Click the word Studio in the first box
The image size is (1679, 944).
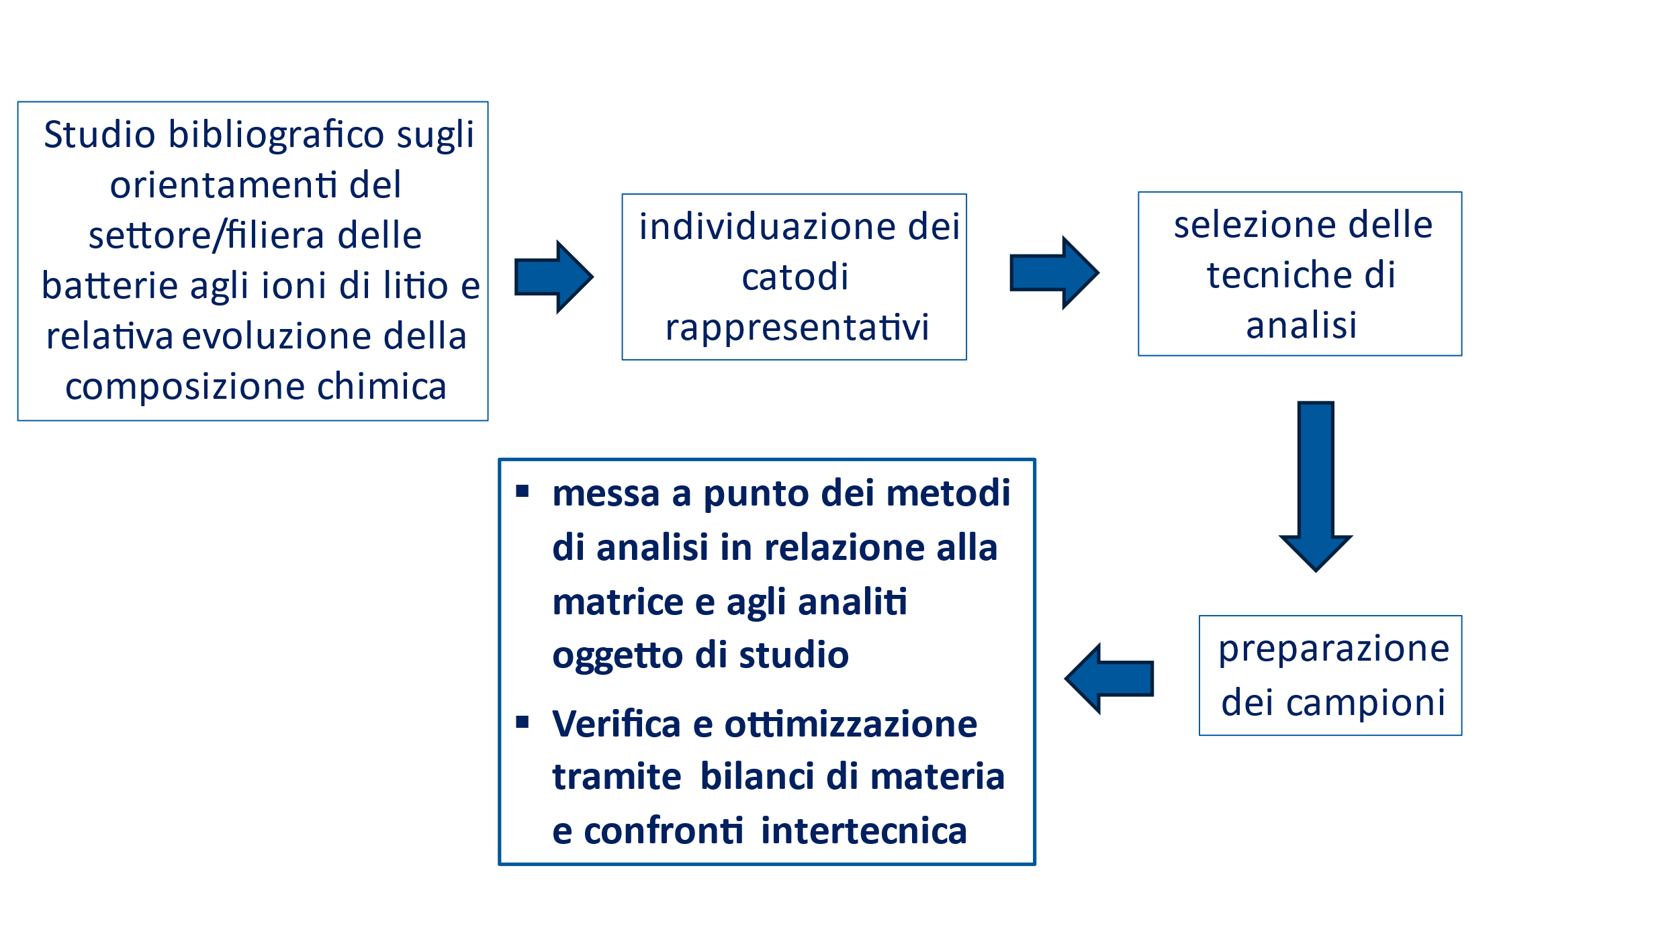point(100,134)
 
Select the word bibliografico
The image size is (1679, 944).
point(277,134)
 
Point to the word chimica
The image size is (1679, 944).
point(381,386)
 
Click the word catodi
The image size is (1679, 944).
point(795,277)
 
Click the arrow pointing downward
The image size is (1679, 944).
point(1316,487)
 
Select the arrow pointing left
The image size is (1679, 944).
point(1109,679)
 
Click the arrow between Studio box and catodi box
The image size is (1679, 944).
point(554,277)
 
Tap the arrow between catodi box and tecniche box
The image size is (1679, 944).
point(1054,273)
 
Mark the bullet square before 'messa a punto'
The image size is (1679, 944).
point(523,491)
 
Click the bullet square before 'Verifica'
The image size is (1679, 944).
point(523,722)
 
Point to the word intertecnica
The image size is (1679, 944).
point(864,831)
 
